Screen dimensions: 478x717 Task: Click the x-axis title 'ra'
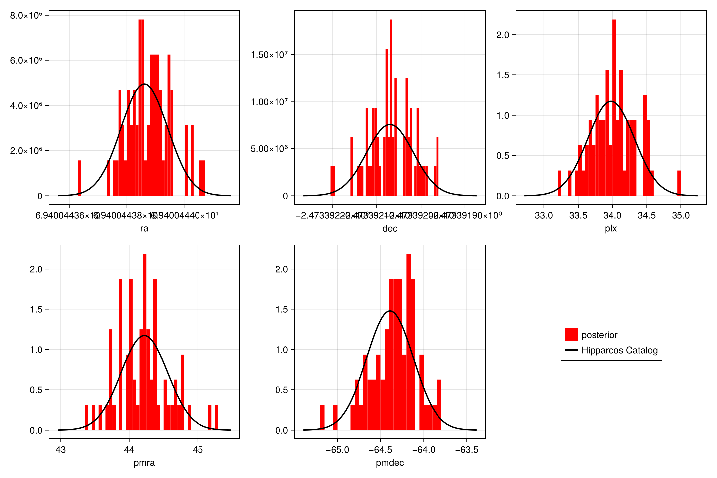click(144, 228)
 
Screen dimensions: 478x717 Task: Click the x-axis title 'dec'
click(390, 228)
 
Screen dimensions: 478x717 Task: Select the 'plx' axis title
click(611, 228)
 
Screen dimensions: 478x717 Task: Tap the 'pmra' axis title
click(144, 463)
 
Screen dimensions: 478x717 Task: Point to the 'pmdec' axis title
click(390, 463)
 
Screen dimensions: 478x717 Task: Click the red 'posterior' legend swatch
click(571, 335)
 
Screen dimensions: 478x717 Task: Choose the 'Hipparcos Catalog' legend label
click(619, 350)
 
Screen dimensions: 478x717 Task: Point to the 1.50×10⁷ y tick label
click(269, 55)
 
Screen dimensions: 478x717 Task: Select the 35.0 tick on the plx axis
click(681, 216)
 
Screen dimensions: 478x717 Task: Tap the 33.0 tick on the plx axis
click(544, 216)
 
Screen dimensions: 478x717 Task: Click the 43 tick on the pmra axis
click(61, 450)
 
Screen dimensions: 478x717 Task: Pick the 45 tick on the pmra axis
click(198, 450)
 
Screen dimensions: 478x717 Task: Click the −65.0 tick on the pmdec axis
click(337, 450)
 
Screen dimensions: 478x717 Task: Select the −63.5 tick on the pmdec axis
click(467, 450)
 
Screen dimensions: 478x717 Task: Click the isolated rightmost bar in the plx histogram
click(679, 183)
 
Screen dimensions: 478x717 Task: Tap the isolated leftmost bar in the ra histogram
click(79, 178)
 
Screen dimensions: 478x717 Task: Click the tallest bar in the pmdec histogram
click(409, 342)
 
